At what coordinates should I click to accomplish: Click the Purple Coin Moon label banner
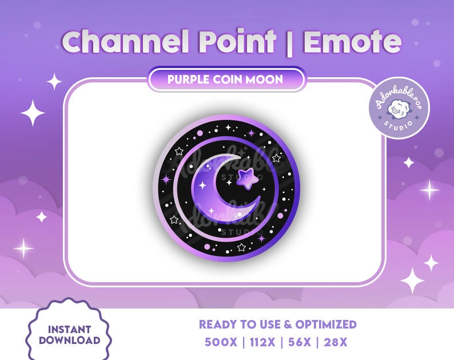pos(226,80)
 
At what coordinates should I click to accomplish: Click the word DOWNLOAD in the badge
pos(69,341)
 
